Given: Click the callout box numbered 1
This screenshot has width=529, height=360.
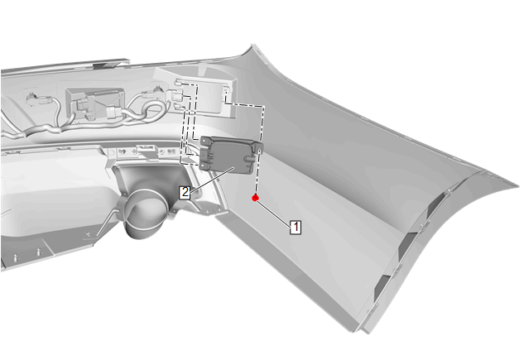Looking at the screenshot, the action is point(296,227).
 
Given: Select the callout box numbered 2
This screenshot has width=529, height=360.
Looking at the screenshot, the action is point(185,192).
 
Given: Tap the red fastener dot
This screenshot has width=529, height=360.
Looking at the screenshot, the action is point(255,198).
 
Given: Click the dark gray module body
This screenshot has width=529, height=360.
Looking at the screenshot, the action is point(229,156).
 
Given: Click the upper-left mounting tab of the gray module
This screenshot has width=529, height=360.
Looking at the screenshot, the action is point(205,141).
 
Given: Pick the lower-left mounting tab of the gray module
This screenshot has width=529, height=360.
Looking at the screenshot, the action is point(204,165).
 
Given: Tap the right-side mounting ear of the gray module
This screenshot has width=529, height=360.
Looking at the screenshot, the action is point(257,146).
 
